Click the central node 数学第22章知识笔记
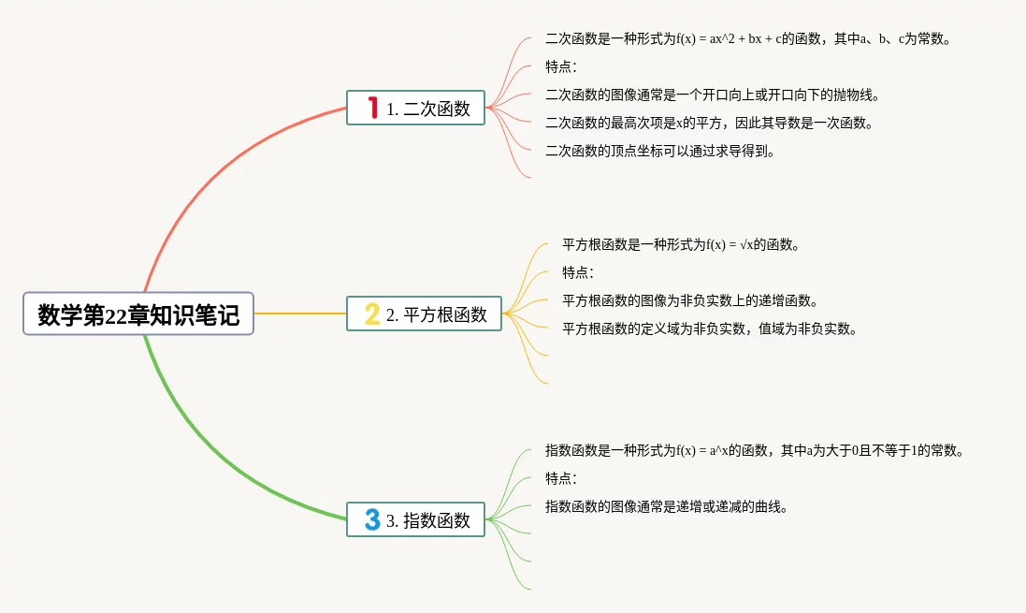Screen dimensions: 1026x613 (138, 314)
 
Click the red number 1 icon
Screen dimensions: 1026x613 (372, 108)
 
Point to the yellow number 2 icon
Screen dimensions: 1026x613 (372, 314)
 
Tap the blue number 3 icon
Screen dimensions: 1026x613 (372, 519)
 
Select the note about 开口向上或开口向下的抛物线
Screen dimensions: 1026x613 (713, 95)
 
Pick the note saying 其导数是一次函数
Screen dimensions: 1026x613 (709, 124)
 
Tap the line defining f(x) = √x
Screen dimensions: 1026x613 (681, 245)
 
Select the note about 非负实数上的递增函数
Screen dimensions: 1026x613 (690, 301)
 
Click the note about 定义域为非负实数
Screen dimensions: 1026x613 (710, 329)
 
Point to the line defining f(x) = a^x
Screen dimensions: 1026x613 (754, 451)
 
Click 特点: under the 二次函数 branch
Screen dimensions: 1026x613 (561, 67)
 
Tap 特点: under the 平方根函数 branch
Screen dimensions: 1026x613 (578, 273)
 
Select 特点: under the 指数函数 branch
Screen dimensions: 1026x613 (561, 479)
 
